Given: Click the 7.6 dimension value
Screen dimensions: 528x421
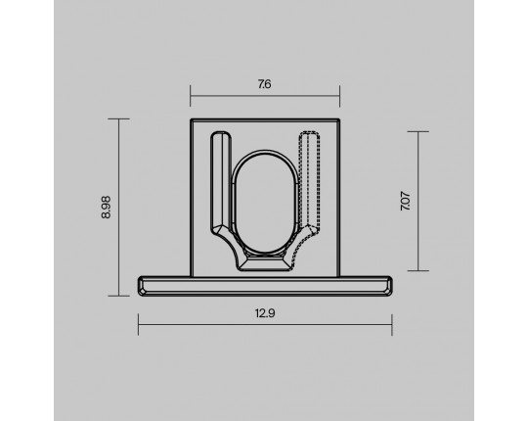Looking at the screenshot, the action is (265, 84).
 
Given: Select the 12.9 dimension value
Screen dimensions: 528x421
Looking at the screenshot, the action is (265, 313).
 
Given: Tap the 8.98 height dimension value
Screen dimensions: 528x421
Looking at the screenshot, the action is (106, 208).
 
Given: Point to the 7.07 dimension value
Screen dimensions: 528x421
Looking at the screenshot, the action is (406, 202).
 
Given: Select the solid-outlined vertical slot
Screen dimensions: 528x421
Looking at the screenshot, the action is (221, 182).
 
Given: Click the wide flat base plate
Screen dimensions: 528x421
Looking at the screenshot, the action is (265, 286).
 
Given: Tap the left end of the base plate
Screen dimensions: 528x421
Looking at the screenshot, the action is (139, 286).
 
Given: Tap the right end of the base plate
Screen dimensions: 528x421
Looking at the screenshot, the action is (391, 286).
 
